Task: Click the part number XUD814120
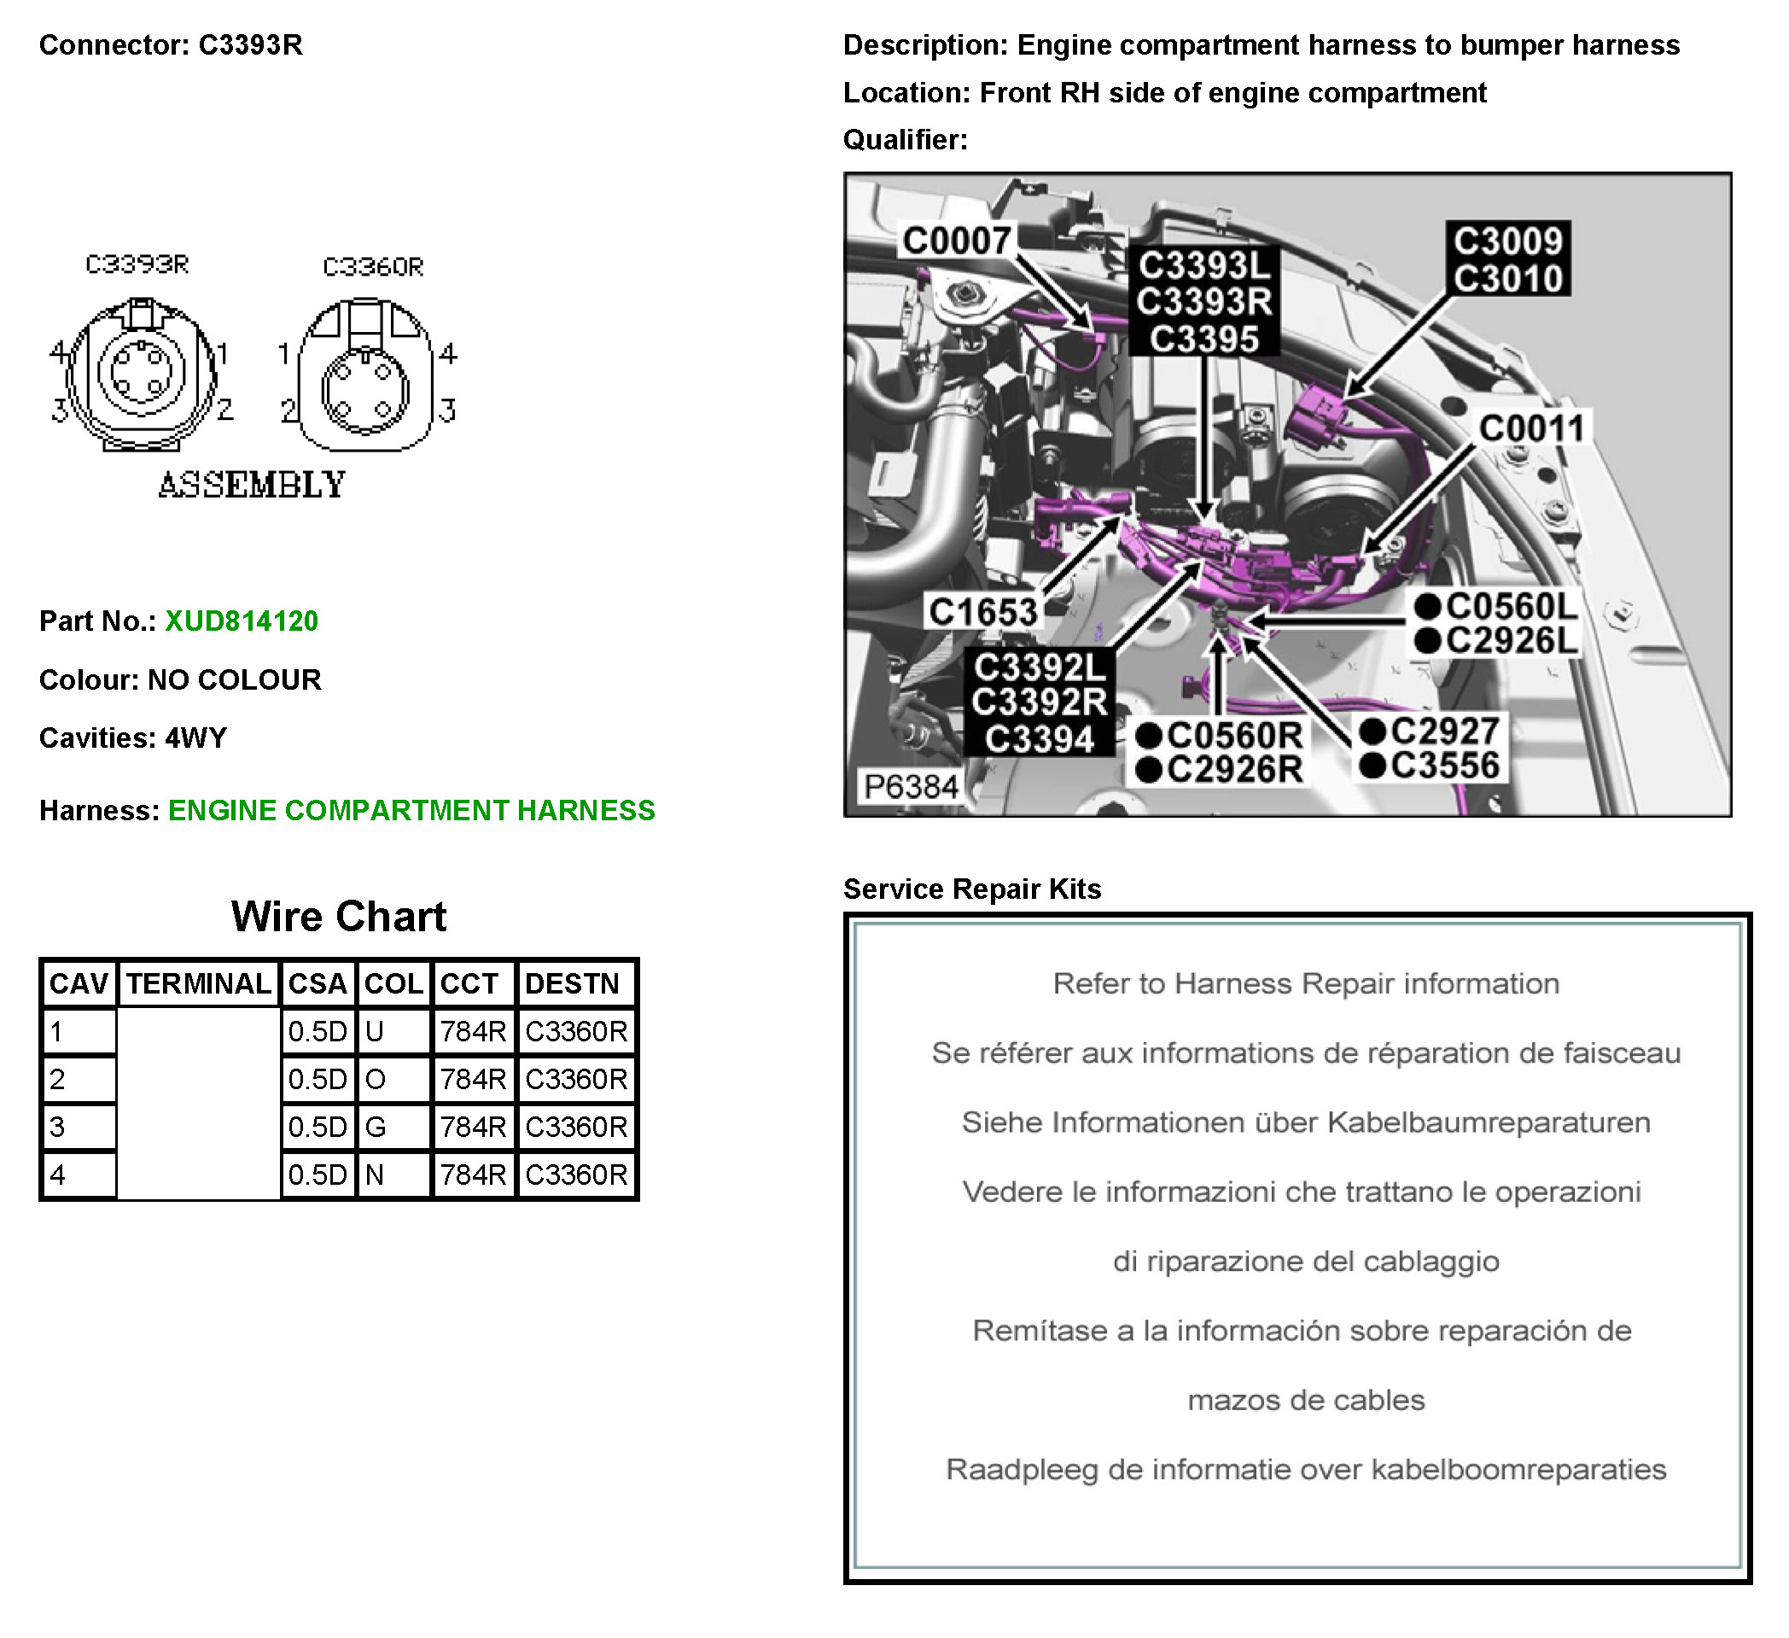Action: tap(242, 621)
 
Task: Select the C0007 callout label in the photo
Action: tap(957, 241)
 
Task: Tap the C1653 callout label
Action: tap(983, 611)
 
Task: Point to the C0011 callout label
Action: tap(1530, 428)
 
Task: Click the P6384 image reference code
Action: tap(912, 786)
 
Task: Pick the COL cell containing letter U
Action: tap(393, 1031)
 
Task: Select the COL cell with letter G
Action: tap(393, 1127)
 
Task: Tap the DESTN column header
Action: tap(576, 983)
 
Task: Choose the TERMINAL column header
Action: tap(199, 983)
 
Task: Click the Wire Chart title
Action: tap(339, 917)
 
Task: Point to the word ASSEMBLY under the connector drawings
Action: tap(252, 486)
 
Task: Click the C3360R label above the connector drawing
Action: tap(373, 266)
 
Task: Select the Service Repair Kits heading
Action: tap(971, 889)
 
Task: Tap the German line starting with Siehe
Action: tap(1305, 1122)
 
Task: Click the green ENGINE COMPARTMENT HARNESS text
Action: tap(411, 810)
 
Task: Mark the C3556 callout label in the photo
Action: tap(1444, 766)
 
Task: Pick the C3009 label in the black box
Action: tap(1507, 241)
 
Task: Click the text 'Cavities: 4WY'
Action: tap(133, 738)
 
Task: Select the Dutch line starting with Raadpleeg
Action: tap(1305, 1469)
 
